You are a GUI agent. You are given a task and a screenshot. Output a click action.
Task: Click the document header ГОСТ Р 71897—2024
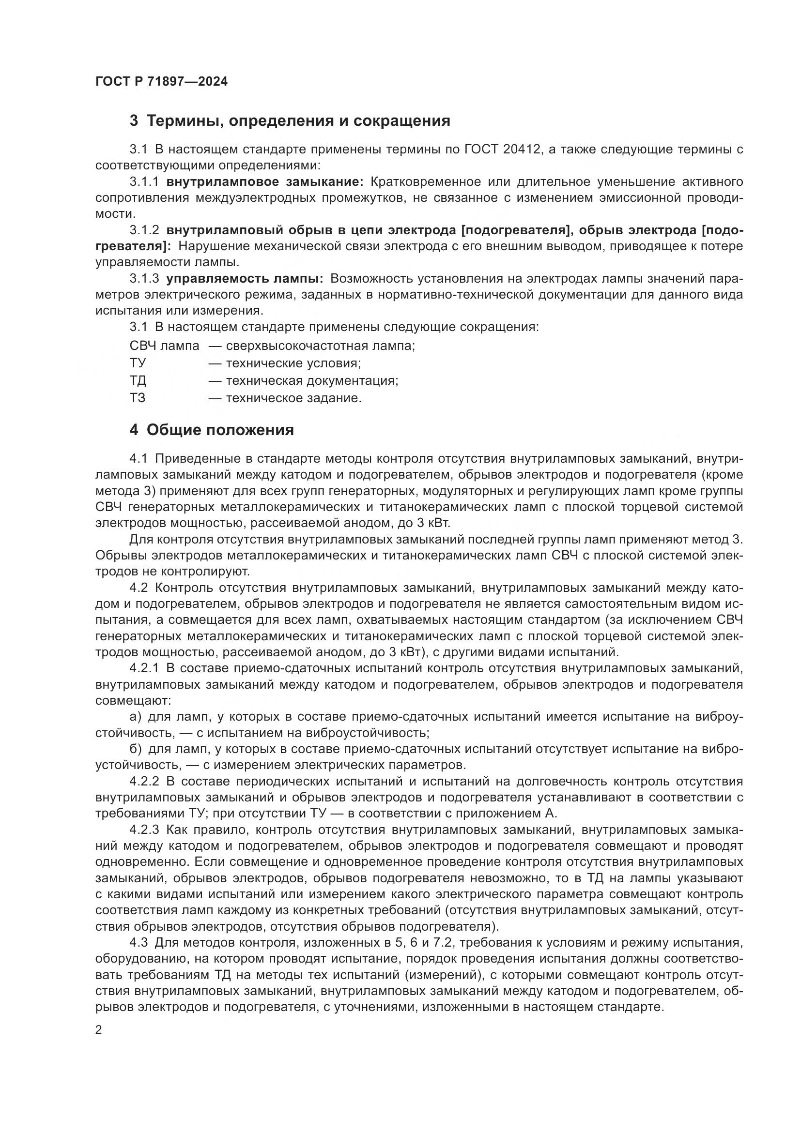[161, 82]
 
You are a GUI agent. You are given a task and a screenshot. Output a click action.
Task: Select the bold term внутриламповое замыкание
[264, 182]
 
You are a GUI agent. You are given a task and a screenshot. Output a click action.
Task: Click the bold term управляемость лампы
[244, 279]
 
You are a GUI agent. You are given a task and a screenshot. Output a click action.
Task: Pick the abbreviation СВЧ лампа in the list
[164, 346]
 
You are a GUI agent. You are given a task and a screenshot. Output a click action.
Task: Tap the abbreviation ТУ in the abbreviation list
[138, 363]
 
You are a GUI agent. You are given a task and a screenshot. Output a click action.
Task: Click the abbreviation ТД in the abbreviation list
[138, 380]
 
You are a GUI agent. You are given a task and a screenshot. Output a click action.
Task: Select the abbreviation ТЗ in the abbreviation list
[138, 398]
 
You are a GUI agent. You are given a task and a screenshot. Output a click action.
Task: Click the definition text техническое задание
[293, 398]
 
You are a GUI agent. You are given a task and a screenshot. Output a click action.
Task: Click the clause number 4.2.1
[144, 668]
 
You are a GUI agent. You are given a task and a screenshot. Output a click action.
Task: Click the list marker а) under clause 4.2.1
[135, 717]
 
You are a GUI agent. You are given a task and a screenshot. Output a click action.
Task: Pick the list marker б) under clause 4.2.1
[135, 749]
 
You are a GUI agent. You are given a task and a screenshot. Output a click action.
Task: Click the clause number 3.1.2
[144, 230]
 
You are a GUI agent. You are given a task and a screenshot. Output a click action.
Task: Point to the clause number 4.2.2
[144, 782]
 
